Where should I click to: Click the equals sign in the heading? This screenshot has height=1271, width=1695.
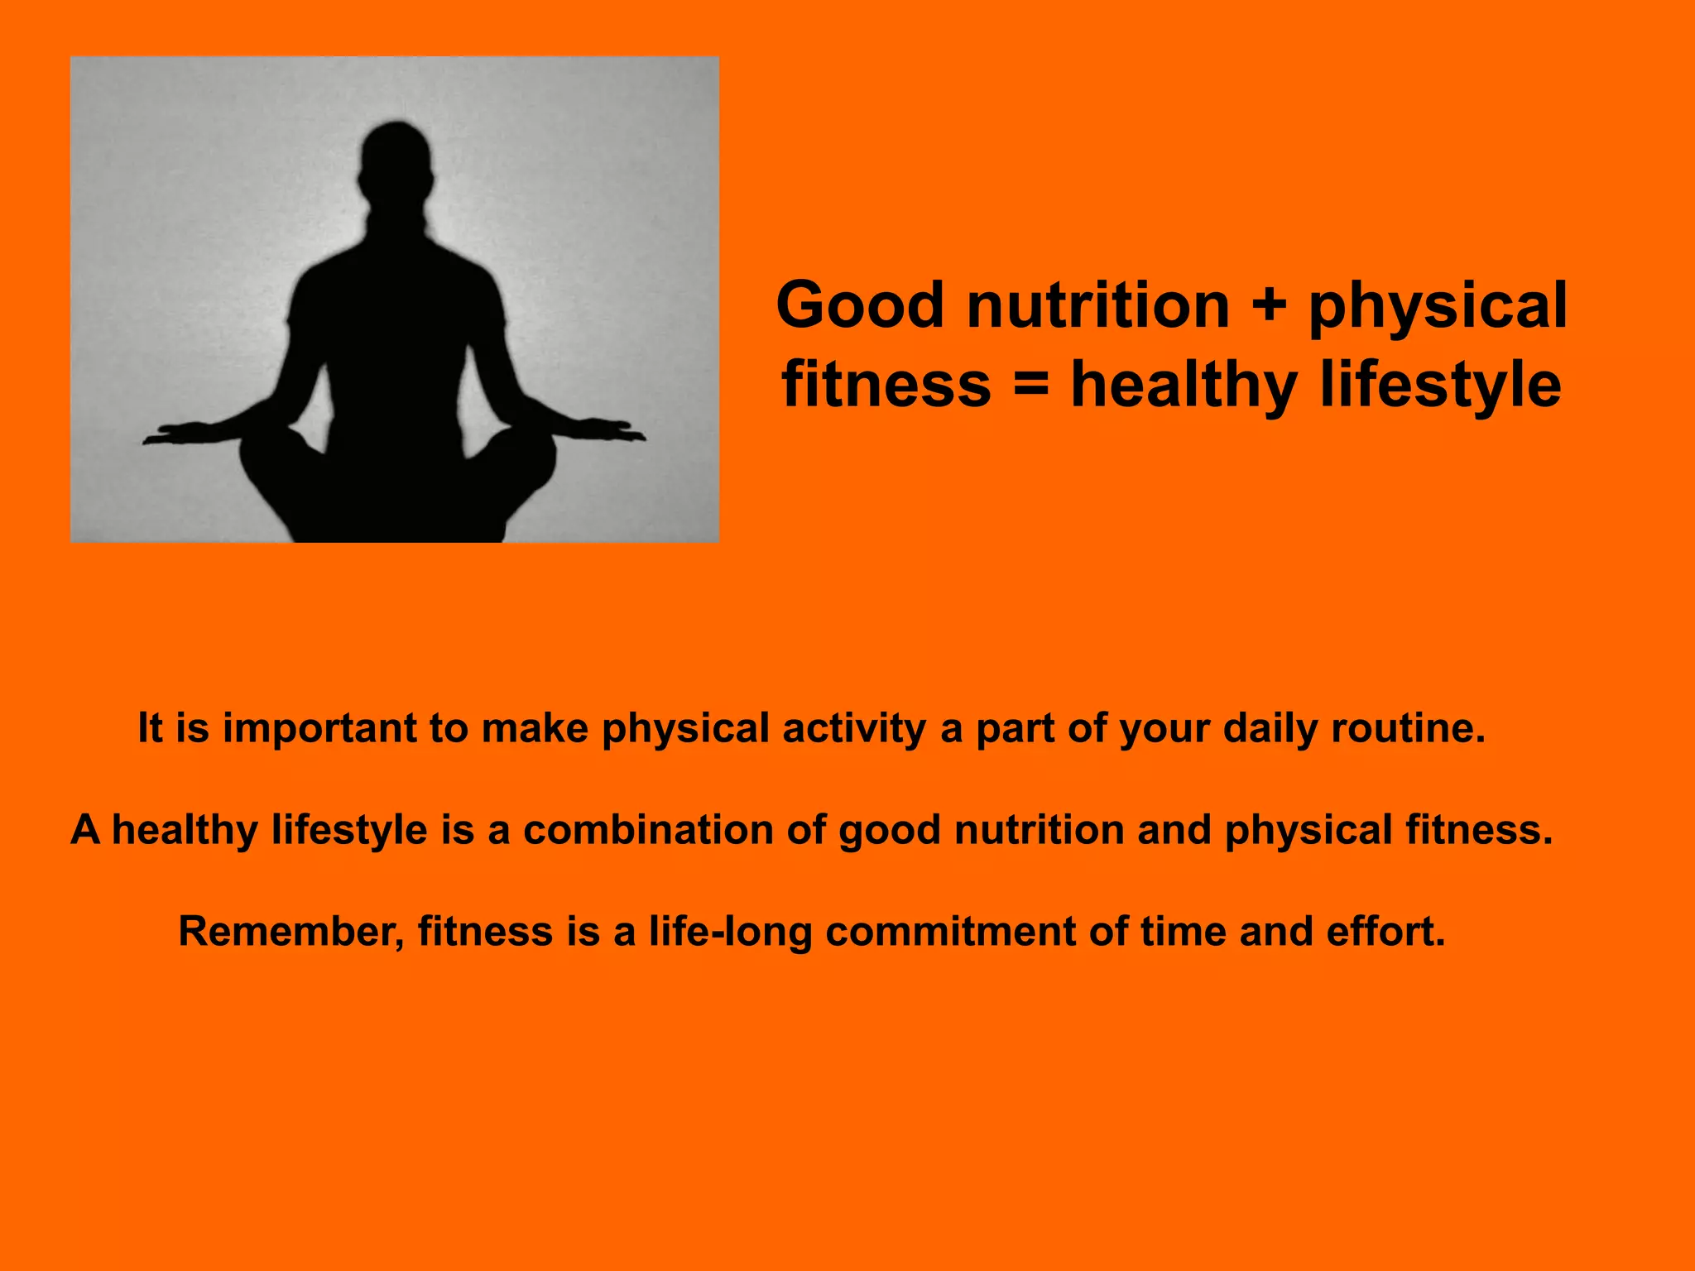tap(1030, 386)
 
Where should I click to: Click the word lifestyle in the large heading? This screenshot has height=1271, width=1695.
tap(1440, 386)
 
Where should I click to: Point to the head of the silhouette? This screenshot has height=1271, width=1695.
tap(396, 165)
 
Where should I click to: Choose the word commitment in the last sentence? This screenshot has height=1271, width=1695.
tap(949, 932)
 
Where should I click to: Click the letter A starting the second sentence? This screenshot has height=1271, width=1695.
tap(85, 830)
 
